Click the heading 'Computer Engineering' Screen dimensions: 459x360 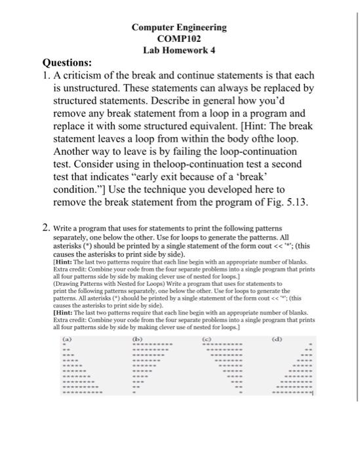coord(179,28)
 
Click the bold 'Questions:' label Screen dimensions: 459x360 coord(67,63)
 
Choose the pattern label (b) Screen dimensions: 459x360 coord(137,339)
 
